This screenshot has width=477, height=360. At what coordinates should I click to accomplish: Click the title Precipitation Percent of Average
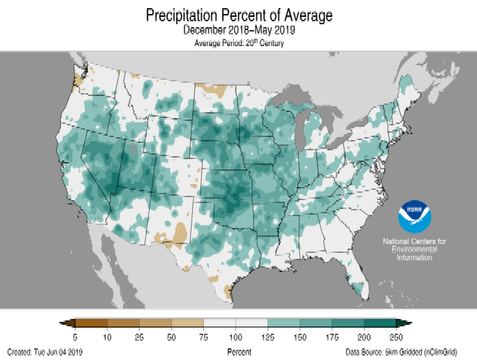click(238, 15)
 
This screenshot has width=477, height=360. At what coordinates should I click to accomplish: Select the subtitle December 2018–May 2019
click(238, 32)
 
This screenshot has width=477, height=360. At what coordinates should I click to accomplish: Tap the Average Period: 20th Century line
click(238, 44)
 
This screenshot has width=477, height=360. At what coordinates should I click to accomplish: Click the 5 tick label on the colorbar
click(76, 336)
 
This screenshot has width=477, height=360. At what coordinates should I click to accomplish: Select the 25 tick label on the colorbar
click(139, 336)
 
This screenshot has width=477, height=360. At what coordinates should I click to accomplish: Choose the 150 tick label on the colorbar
click(299, 336)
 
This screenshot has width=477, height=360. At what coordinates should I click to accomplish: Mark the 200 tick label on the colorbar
click(363, 336)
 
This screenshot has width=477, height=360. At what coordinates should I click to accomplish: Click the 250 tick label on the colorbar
click(396, 336)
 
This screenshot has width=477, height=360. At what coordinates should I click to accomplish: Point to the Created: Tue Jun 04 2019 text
click(45, 352)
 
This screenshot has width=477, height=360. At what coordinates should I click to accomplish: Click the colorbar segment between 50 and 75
click(187, 323)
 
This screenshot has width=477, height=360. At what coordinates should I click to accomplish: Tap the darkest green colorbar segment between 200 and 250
click(379, 323)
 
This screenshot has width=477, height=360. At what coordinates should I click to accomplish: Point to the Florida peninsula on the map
click(354, 277)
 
